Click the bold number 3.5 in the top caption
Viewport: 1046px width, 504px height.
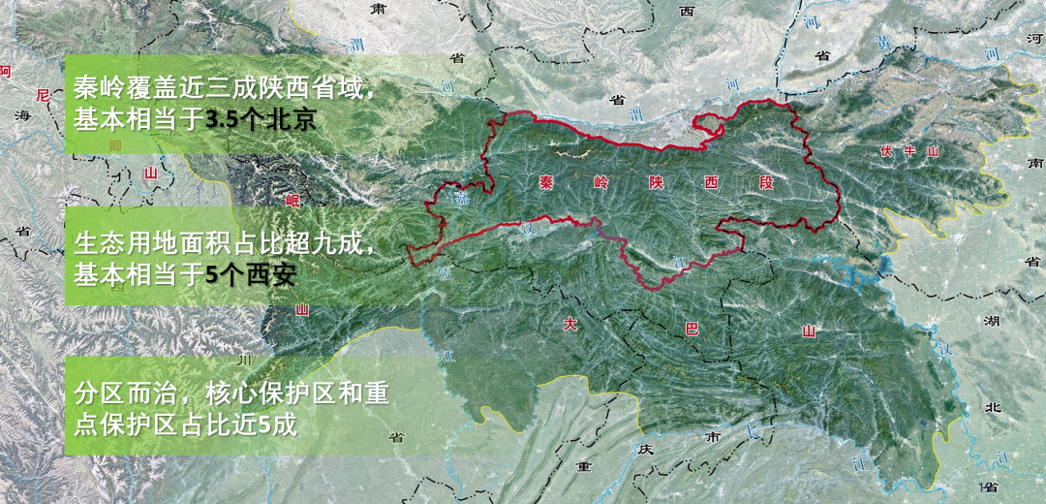coord(225,121)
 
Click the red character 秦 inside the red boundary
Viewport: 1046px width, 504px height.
coord(546,181)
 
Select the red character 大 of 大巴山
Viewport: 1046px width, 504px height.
coord(571,325)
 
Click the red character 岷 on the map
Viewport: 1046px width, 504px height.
coord(293,201)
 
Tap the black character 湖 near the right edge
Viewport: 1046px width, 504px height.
coord(991,320)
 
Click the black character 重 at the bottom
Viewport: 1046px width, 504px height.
coord(583,466)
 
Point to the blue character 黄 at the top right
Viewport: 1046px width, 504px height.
coord(882,43)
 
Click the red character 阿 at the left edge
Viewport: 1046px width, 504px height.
coord(6,71)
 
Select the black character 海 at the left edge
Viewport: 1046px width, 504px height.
coord(21,116)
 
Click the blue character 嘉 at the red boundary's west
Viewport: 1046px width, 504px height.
coord(462,200)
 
